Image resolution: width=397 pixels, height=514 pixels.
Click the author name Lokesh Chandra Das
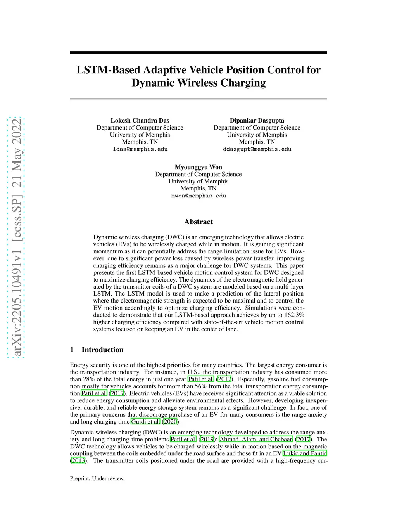click(x=140, y=121)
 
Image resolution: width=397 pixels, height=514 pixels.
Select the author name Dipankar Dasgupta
click(x=257, y=121)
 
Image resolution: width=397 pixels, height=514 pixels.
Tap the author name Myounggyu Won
click(x=198, y=167)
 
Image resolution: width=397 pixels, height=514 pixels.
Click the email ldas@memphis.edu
click(x=140, y=149)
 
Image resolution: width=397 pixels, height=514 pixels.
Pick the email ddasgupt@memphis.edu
click(x=257, y=149)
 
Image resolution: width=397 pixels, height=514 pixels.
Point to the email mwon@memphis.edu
click(x=198, y=196)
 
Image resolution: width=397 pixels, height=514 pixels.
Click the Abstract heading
click(x=198, y=222)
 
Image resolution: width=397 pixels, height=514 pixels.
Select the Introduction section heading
click(x=102, y=350)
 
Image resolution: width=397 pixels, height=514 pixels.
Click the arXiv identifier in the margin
click(x=16, y=237)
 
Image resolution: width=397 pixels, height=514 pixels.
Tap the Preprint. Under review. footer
click(x=97, y=479)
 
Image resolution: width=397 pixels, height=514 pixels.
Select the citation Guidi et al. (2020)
click(x=155, y=422)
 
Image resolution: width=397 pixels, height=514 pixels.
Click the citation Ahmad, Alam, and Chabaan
click(x=256, y=440)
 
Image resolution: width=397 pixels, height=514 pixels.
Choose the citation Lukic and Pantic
click(x=305, y=453)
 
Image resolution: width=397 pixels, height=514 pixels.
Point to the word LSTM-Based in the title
click(x=108, y=70)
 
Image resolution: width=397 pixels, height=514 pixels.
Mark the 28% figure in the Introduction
click(x=89, y=379)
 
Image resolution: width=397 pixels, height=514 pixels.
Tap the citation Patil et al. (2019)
click(x=192, y=440)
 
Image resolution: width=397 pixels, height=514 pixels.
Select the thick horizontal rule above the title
click(x=198, y=53)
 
